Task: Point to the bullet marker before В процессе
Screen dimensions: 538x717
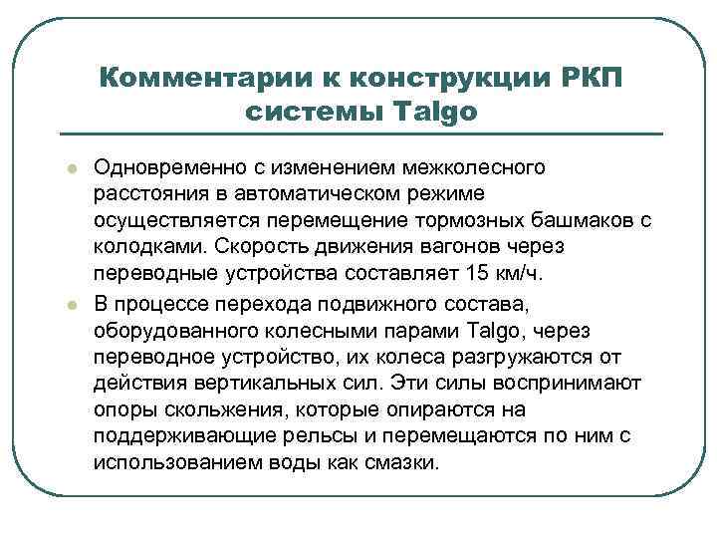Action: coord(63,302)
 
